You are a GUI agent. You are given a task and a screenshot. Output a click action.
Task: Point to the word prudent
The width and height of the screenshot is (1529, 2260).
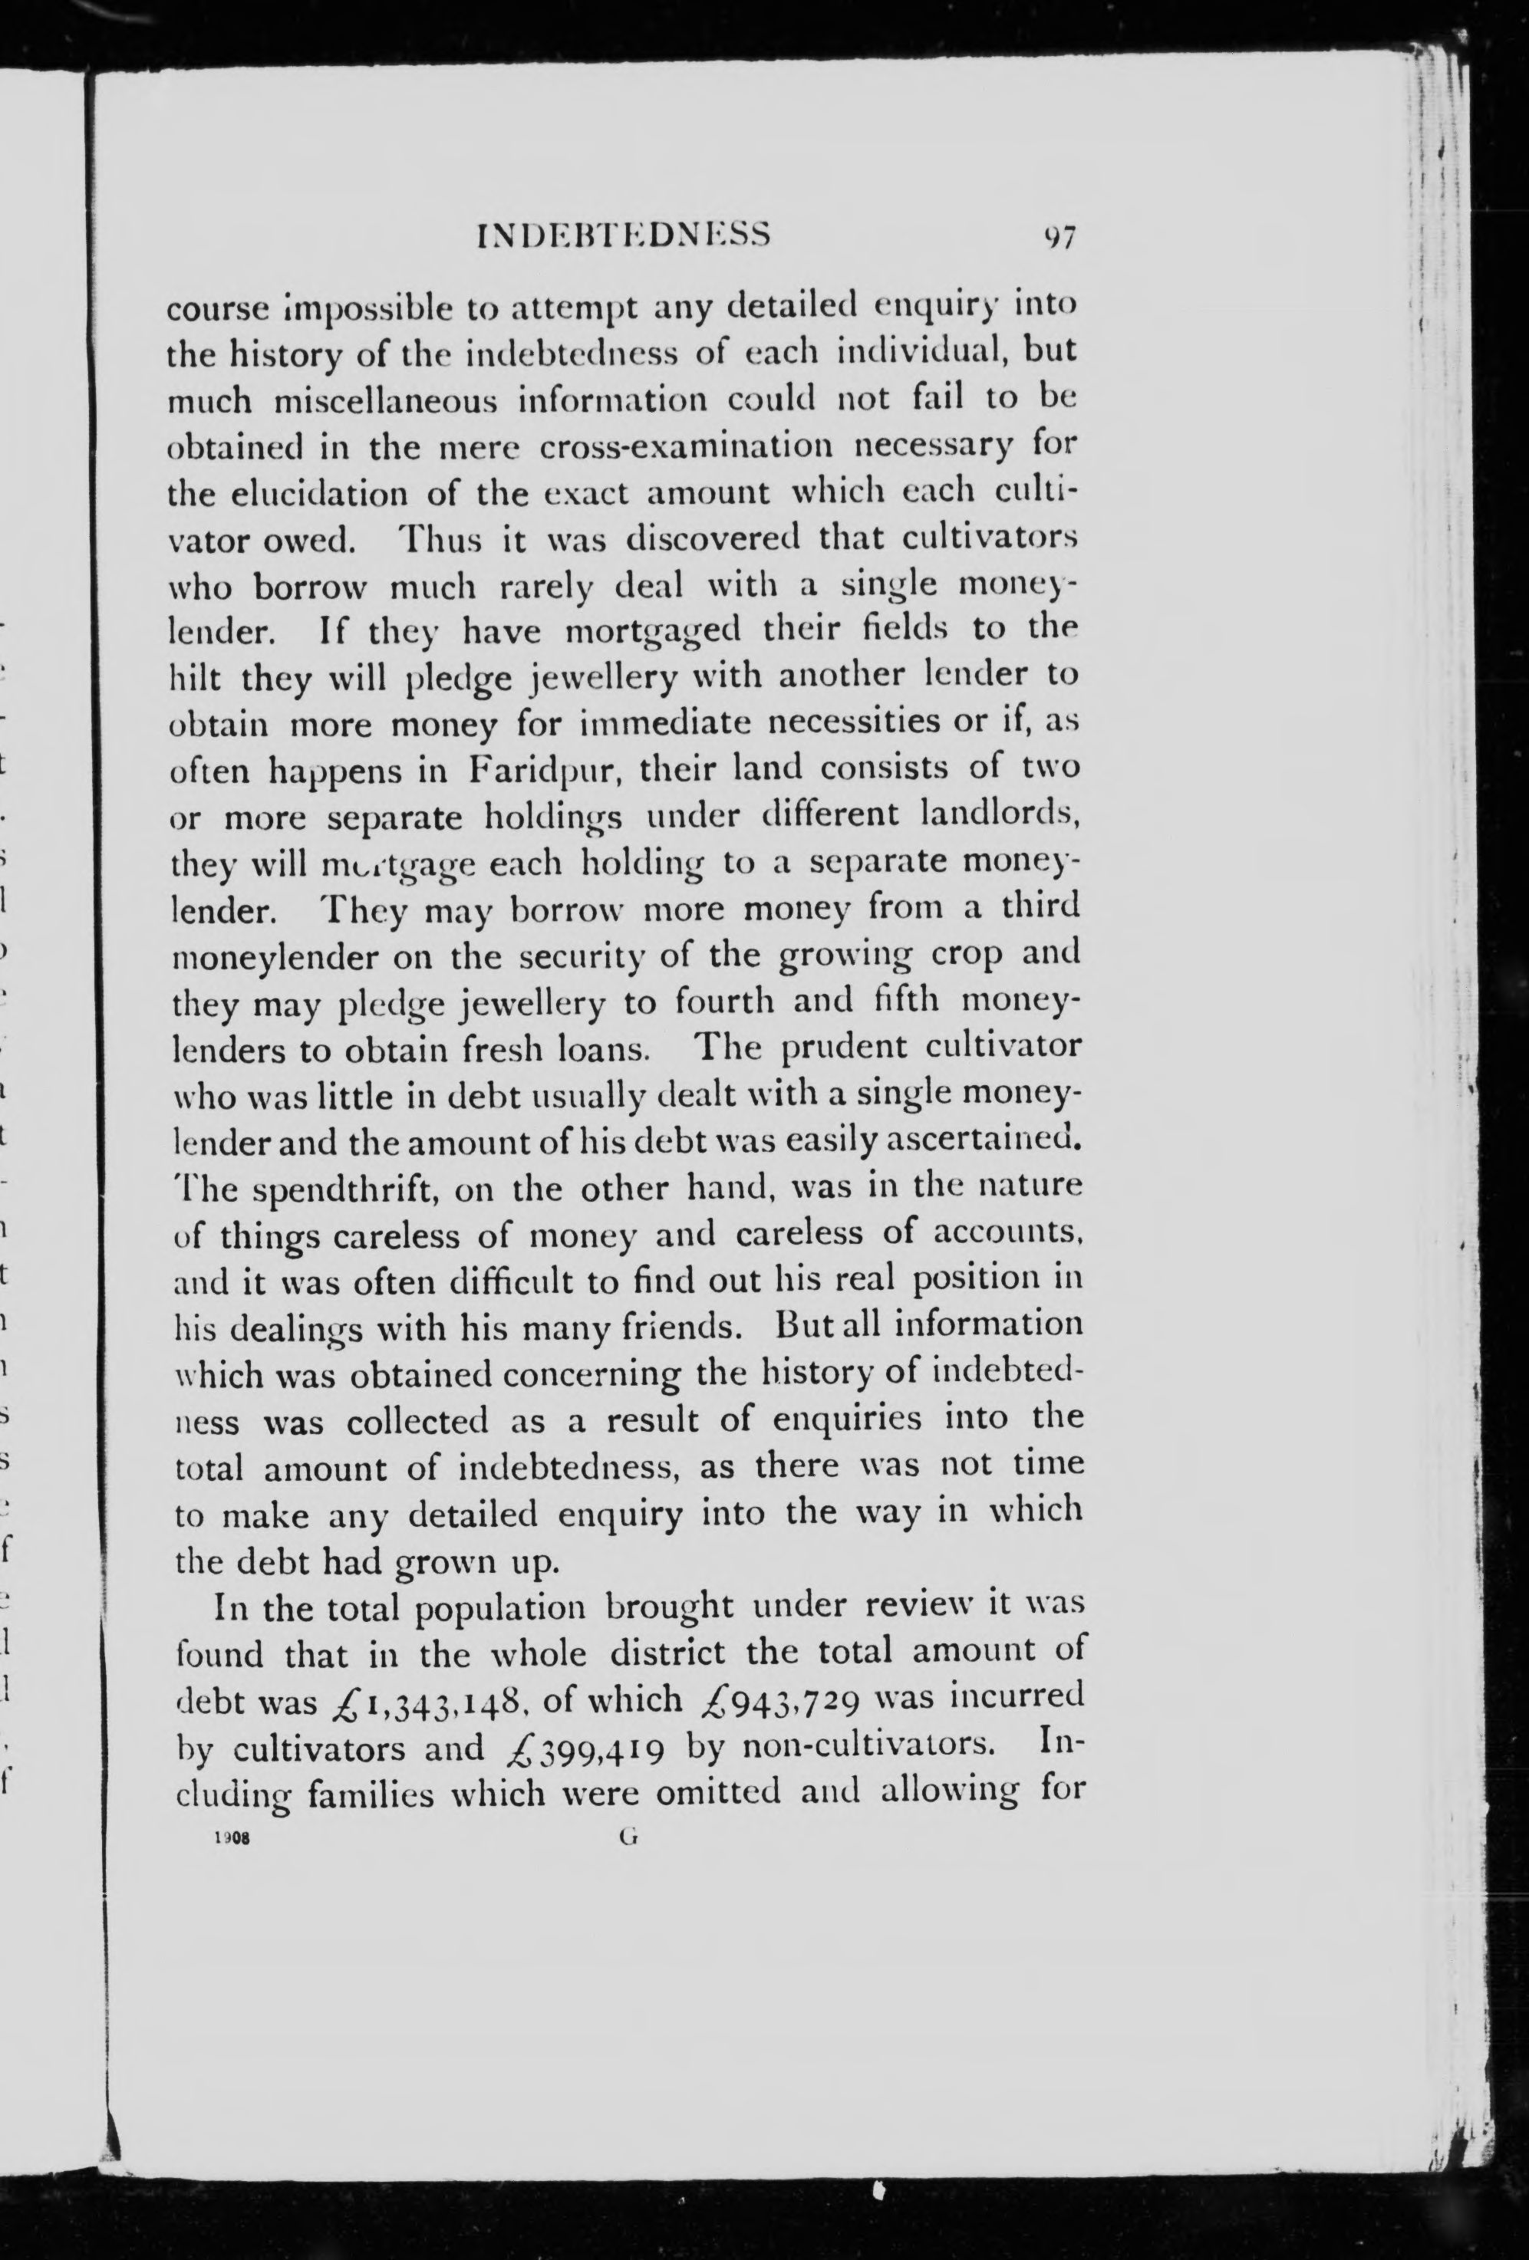click(844, 1048)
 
